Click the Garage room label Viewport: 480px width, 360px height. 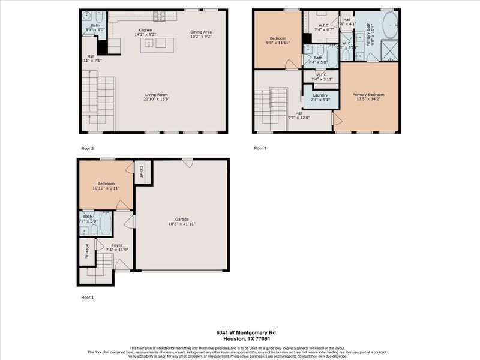pyautogui.click(x=181, y=219)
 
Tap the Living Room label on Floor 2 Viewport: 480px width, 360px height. pyautogui.click(x=155, y=95)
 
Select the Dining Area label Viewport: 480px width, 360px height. pyautogui.click(x=201, y=32)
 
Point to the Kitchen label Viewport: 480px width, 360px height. pyautogui.click(x=145, y=30)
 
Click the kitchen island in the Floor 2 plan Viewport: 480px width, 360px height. pyautogui.click(x=157, y=45)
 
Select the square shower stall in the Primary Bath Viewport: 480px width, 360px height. pyautogui.click(x=390, y=50)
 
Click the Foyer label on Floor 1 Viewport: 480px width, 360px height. pyautogui.click(x=117, y=245)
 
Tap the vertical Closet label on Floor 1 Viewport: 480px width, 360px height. pyautogui.click(x=141, y=172)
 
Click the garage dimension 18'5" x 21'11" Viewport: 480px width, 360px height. pyautogui.click(x=181, y=224)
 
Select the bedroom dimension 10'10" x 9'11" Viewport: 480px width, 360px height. pyautogui.click(x=106, y=188)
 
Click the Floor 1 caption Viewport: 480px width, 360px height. pyautogui.click(x=88, y=297)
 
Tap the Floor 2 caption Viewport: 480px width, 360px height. pyautogui.click(x=88, y=148)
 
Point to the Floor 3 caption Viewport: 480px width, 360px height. pyautogui.click(x=260, y=148)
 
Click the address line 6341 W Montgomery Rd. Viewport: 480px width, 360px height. pyautogui.click(x=247, y=332)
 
